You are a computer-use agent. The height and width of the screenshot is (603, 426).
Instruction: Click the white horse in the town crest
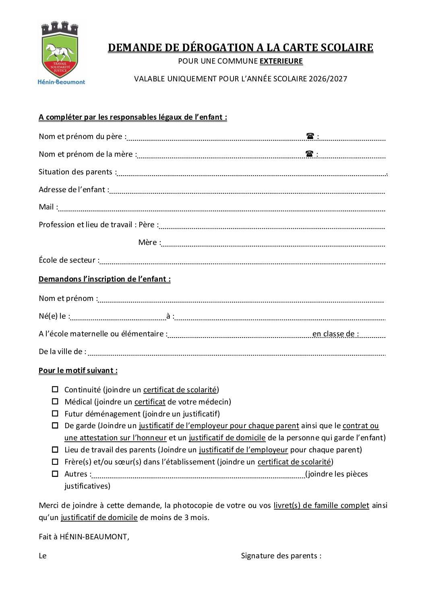click(x=59, y=52)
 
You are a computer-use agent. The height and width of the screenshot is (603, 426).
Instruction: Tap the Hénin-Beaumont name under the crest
click(x=61, y=82)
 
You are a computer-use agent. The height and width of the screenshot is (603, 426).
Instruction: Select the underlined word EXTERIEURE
click(x=281, y=61)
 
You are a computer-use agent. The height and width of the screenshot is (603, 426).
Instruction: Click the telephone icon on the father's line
click(x=310, y=136)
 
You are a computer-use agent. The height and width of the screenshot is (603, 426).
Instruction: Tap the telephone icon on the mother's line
click(x=309, y=154)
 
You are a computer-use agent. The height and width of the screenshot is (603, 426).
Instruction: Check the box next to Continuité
click(x=55, y=390)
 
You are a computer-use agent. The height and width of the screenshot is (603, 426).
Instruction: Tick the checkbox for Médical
click(x=55, y=402)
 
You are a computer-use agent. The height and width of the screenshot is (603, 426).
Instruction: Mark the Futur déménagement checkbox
click(x=55, y=414)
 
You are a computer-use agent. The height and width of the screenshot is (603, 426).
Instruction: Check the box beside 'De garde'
click(x=55, y=426)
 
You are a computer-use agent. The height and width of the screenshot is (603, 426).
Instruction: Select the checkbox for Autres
click(x=55, y=474)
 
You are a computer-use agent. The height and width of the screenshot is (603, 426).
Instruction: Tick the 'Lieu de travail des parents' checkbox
click(x=55, y=450)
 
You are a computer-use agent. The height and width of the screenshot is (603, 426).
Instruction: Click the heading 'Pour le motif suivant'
click(x=78, y=371)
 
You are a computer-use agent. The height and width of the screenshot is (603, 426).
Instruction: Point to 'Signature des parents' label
click(x=281, y=556)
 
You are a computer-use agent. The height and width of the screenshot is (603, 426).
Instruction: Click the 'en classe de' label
click(x=335, y=334)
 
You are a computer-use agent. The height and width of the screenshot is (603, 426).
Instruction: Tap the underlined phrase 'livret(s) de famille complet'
click(x=321, y=506)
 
